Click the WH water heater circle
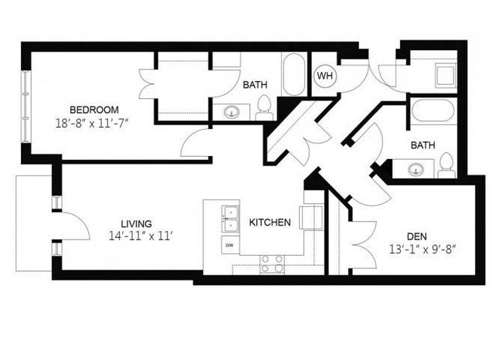(324, 76)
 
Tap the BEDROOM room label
(94, 109)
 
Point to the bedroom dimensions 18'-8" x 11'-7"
(94, 123)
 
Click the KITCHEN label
(270, 222)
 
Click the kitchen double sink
(229, 219)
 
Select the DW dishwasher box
(229, 245)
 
